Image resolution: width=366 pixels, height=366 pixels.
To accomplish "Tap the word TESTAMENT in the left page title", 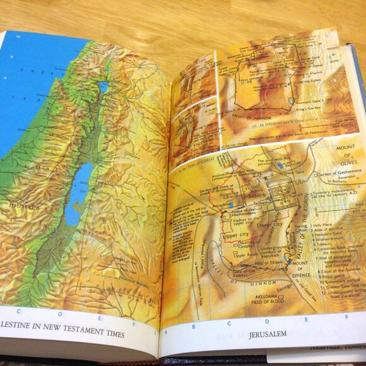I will coord(88,334).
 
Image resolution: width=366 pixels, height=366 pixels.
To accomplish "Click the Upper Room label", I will coord(242,255).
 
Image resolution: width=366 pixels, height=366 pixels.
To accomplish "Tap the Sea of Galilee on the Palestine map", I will coord(103,86).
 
